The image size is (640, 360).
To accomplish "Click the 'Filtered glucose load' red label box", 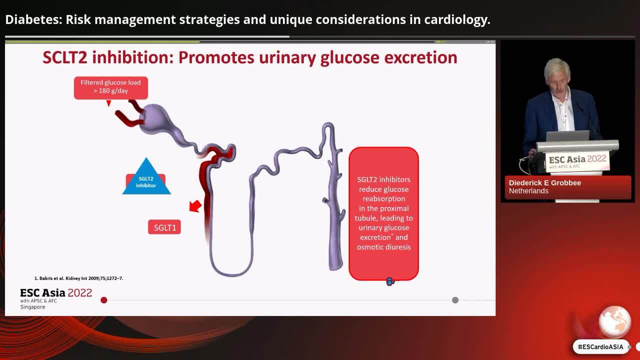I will point(110,87).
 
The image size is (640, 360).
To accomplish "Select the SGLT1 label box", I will point(164,227).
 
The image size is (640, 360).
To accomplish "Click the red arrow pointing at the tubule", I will point(195,205).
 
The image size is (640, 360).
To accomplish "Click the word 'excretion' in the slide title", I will point(420,57).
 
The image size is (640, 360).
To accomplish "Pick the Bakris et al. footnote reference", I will point(78,278).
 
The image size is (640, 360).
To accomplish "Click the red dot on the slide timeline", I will point(104,300).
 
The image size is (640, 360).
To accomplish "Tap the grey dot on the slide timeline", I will point(455,300).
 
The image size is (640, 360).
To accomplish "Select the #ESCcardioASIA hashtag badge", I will point(600,346).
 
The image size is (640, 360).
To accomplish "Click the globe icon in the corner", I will point(614,321).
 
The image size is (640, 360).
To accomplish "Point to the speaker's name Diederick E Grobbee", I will point(544,183).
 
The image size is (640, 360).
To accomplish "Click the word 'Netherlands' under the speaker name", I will point(528,191).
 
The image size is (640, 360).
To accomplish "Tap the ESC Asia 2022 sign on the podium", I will point(577,160).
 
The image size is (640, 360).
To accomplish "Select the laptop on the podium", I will point(567,136).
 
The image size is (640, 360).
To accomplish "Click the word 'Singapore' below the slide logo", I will point(32,307).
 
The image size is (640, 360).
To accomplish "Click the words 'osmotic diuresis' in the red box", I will point(383,247).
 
